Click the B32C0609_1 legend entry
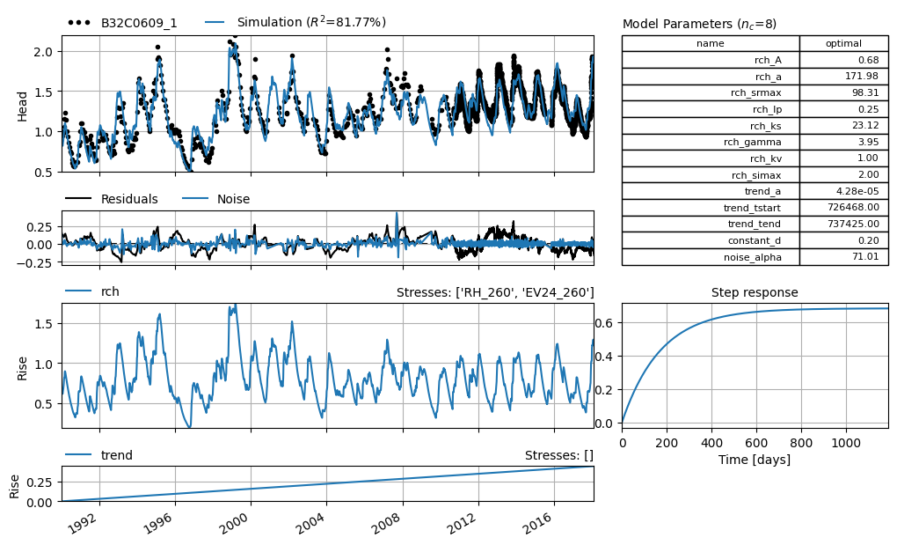pos(122,23)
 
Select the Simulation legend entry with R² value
pos(295,22)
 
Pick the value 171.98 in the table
pos(862,76)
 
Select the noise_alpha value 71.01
pos(865,256)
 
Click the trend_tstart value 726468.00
pos(853,207)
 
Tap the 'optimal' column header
pos(843,43)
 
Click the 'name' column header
pos(710,43)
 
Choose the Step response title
pos(755,292)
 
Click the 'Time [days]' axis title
pos(755,460)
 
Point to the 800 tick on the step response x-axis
pos(801,443)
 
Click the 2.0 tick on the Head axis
pos(43,52)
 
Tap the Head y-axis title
pos(22,107)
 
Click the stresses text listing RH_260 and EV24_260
pos(495,292)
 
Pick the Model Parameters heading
pos(699,24)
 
